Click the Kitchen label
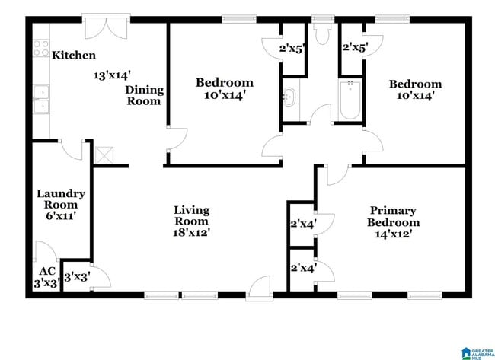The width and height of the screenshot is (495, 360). pos(74,55)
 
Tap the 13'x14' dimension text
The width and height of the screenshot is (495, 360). pos(113,75)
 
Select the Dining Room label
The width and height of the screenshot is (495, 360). pos(145,95)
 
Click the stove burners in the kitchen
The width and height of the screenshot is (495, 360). pos(40,49)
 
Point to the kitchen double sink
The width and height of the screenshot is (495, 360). pos(40,101)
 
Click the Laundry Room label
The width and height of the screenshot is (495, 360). pos(61,199)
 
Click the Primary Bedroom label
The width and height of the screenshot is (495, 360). pos(393,216)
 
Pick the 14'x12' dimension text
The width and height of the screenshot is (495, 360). pos(393,235)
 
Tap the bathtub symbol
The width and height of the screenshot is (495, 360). pos(350,100)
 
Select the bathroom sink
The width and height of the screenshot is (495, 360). pos(289,97)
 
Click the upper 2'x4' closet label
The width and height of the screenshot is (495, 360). pos(303,224)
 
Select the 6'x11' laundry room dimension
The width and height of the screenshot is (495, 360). pos(61,216)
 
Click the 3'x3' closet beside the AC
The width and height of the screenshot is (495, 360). pos(76,277)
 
